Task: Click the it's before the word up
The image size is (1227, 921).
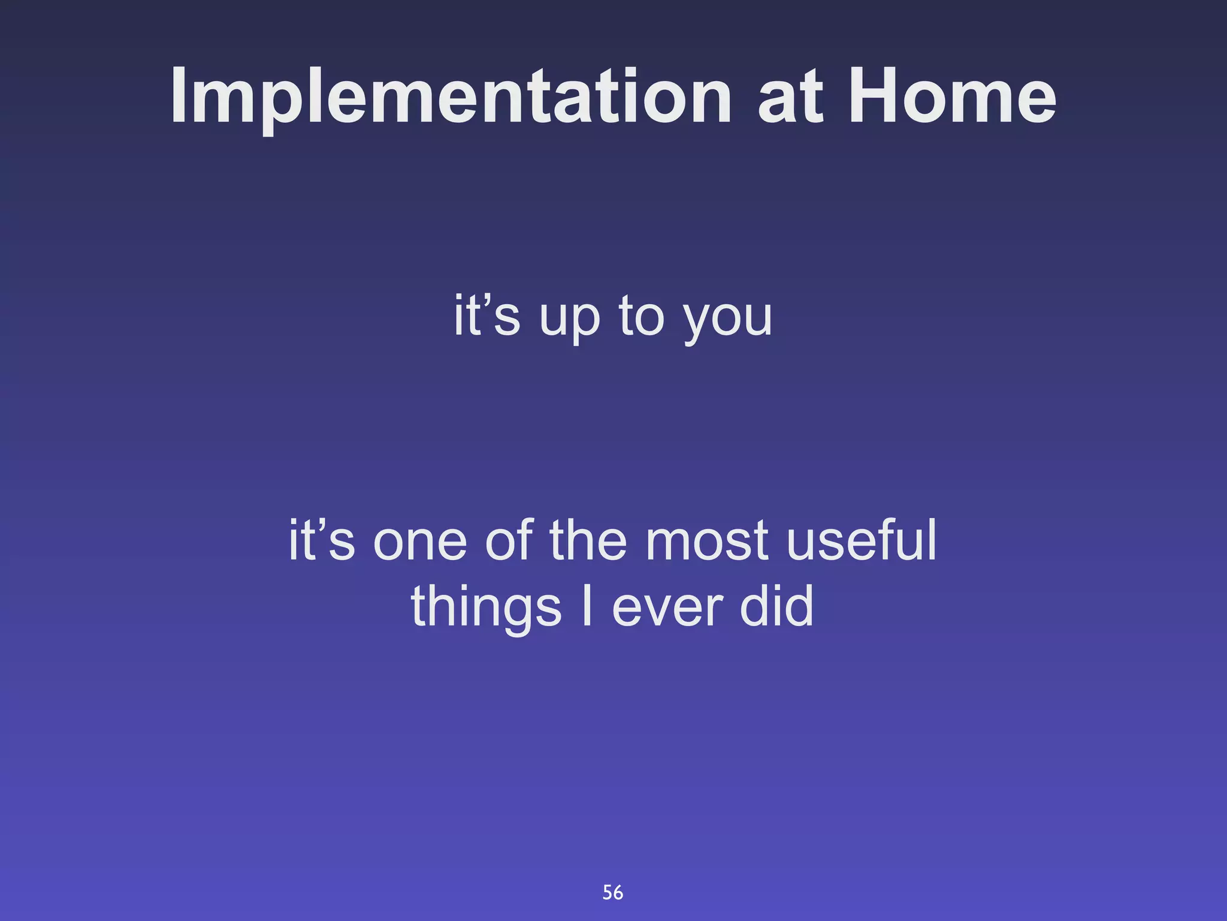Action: click(486, 315)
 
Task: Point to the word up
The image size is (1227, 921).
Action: click(569, 321)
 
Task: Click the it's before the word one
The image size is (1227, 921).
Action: click(322, 540)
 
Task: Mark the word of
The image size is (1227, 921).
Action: click(509, 539)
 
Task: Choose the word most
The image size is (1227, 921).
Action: click(707, 541)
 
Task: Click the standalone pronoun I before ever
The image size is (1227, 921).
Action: click(587, 606)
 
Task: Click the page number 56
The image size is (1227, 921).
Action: click(613, 893)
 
